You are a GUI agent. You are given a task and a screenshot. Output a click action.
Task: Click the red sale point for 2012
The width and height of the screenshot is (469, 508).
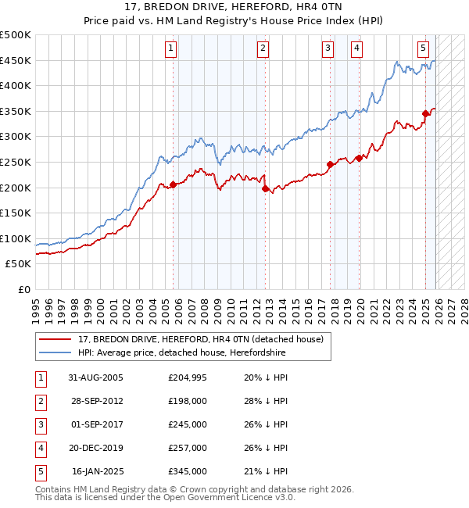click(x=265, y=188)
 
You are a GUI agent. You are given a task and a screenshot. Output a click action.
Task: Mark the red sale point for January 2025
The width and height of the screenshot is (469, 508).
click(x=426, y=113)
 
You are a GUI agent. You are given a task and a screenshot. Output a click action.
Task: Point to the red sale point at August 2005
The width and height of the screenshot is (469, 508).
click(x=173, y=184)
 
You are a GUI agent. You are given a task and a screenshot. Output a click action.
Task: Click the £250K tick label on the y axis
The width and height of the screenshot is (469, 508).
click(x=16, y=162)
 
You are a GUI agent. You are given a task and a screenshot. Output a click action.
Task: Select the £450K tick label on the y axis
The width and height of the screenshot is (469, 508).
click(x=16, y=60)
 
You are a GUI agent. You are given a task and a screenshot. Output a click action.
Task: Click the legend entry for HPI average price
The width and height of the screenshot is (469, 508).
click(x=182, y=352)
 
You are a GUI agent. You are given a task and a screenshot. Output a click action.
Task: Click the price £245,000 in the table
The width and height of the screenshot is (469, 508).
click(x=187, y=424)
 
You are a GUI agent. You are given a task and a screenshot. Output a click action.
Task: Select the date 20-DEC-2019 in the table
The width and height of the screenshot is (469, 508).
click(x=95, y=448)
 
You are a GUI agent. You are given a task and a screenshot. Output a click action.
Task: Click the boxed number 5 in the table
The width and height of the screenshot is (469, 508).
click(x=40, y=471)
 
